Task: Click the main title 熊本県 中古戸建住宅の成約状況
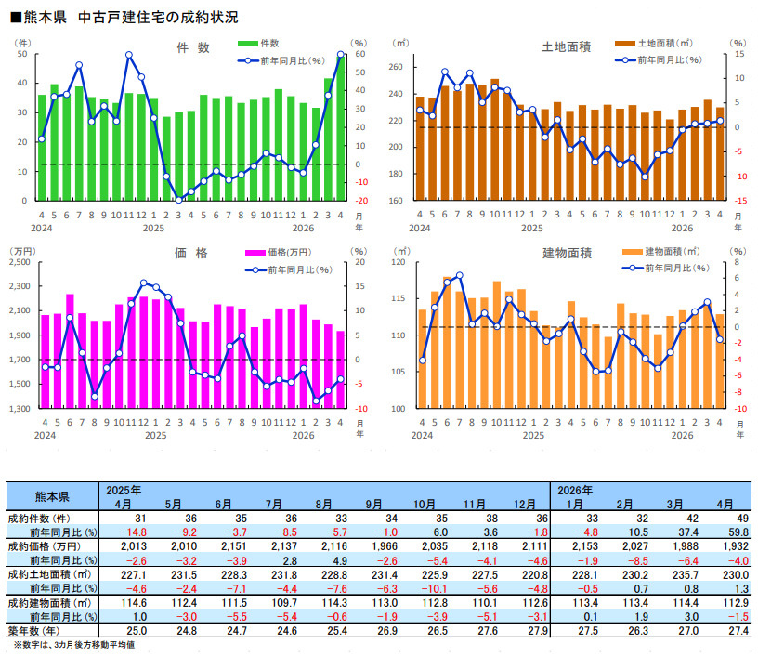[x=124, y=18]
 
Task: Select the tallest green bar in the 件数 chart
[x=340, y=127]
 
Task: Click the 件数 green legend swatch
[x=248, y=44]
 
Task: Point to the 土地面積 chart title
[x=567, y=47]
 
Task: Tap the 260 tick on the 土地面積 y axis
[x=396, y=67]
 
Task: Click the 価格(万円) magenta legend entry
[x=279, y=253]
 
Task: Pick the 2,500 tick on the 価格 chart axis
[x=20, y=262]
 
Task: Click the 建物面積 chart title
[x=567, y=254]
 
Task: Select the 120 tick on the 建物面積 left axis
[x=399, y=262]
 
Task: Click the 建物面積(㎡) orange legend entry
[x=660, y=252]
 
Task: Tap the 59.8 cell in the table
[x=738, y=532]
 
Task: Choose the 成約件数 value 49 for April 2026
[x=742, y=519]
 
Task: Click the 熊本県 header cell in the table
[x=52, y=496]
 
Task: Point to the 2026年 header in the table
[x=575, y=491]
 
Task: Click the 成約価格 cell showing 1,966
[x=385, y=546]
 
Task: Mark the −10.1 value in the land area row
[x=434, y=588]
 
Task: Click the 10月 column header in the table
[x=425, y=505]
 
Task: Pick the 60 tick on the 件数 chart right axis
[x=360, y=54]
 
